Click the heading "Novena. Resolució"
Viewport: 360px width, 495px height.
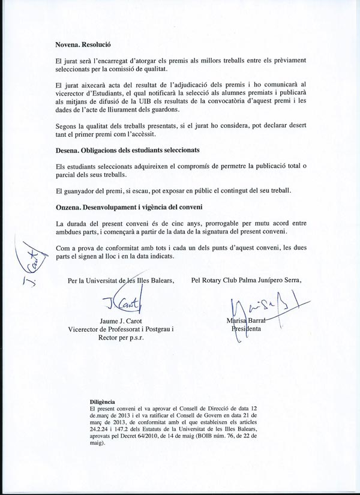point(83,45)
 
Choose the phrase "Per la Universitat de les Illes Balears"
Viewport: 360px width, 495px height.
point(121,280)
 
